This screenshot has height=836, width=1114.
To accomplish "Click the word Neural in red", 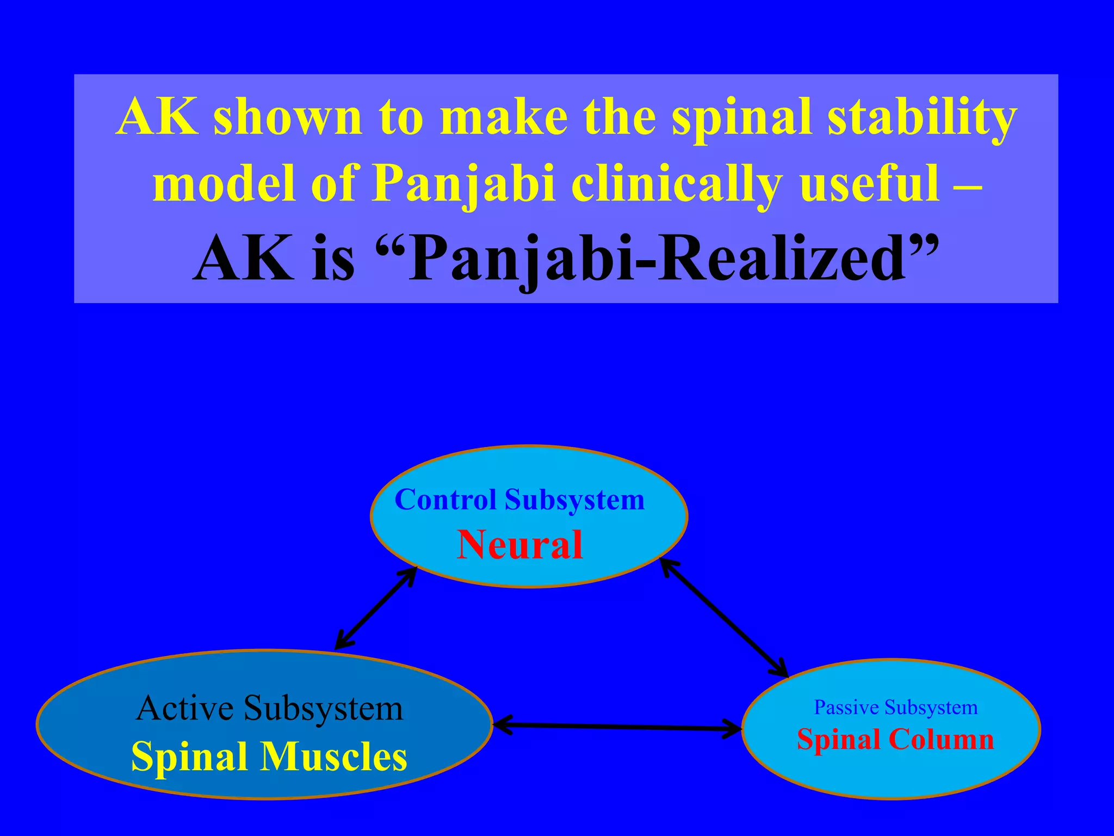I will coord(519,545).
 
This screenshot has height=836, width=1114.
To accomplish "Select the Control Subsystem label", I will coord(519,500).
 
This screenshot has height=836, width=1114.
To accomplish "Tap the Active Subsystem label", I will coord(270,708).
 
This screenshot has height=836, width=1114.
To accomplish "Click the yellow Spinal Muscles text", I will coord(269,757).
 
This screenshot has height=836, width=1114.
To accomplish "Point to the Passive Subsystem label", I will coord(895,708).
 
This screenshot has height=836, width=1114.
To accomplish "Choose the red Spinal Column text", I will coord(895,740).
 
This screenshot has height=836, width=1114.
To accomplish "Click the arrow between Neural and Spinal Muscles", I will coord(375,608).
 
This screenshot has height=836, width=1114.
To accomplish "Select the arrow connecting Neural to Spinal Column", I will coord(724,618).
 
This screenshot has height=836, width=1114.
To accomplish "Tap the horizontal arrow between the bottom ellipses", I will coord(617,727).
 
